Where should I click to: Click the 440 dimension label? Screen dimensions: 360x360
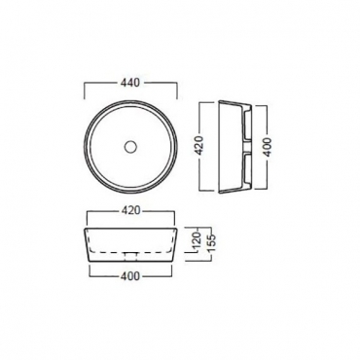(x=130, y=83)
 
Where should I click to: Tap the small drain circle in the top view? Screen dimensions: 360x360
(x=130, y=146)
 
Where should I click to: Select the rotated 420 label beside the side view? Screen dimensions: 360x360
(x=198, y=146)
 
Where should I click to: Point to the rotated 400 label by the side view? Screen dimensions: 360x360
(x=268, y=146)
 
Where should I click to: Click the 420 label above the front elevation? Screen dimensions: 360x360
(x=130, y=210)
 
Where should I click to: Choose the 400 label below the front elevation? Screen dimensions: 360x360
(x=130, y=276)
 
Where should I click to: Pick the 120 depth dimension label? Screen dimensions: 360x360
(x=198, y=241)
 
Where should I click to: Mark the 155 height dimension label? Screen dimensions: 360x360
(x=208, y=243)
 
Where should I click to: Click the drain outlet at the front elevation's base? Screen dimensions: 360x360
(x=131, y=257)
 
